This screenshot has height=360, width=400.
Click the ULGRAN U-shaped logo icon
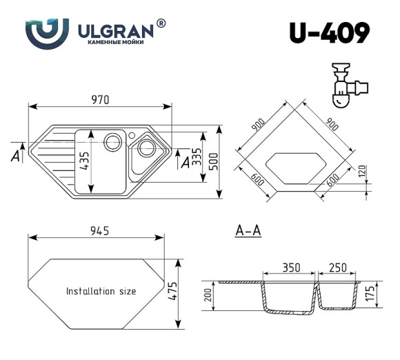pos(47,31)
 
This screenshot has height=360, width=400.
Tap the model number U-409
pos(330,32)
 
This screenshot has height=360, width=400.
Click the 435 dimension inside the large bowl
pos(84,161)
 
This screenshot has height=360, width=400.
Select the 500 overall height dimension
pos(215,161)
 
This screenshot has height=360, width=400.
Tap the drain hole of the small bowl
pos(146,148)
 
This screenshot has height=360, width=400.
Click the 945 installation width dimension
pos(97,230)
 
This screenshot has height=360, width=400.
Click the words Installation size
pos(101,291)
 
